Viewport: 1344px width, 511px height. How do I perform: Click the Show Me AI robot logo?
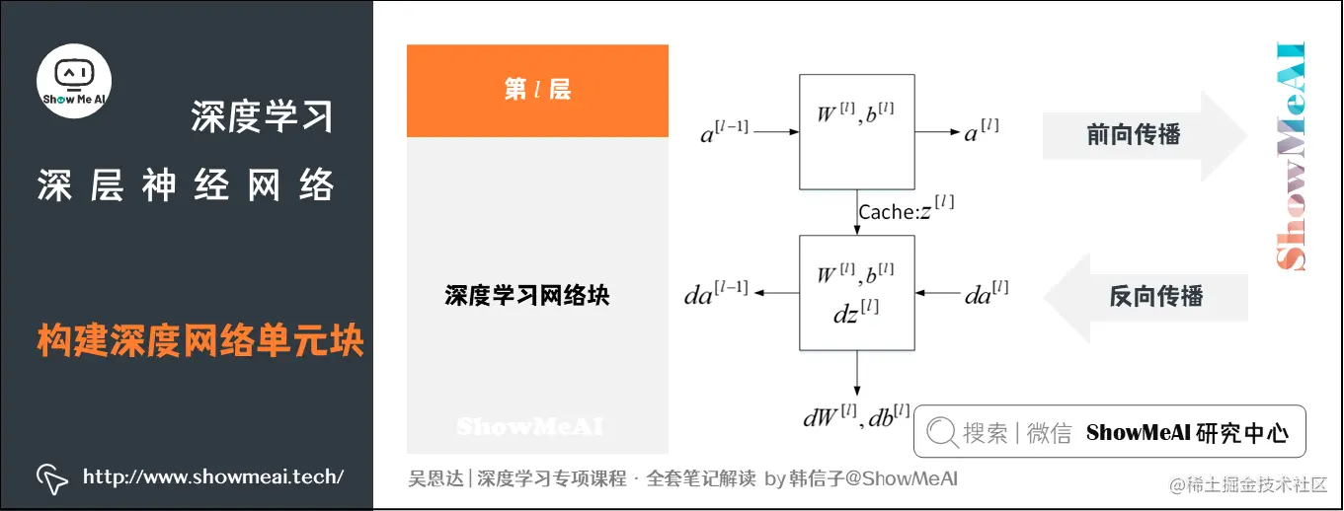(74, 80)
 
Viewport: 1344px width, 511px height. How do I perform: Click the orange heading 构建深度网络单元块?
(200, 341)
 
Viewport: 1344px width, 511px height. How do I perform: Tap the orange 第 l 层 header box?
(537, 91)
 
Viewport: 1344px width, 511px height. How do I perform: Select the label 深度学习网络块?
(527, 295)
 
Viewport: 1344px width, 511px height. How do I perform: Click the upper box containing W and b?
(856, 131)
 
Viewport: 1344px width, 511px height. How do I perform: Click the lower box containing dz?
(856, 293)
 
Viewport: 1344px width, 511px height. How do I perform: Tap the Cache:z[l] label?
(906, 210)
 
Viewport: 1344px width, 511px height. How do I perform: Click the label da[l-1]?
(716, 293)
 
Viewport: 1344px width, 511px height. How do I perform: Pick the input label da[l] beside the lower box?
(986, 293)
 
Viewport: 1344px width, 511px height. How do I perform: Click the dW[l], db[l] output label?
(855, 417)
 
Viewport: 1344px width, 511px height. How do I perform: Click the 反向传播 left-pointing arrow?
(1146, 295)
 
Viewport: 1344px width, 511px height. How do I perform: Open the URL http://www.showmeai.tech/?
(213, 477)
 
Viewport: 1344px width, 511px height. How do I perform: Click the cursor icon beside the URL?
(51, 477)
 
